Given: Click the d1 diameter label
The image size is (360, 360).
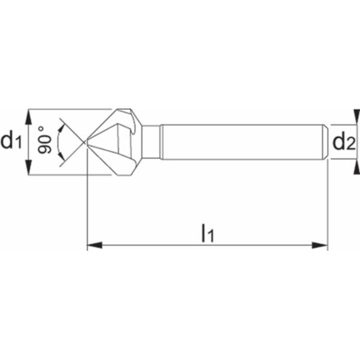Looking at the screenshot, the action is click(11, 141).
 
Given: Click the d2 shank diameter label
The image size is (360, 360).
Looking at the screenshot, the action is click(344, 142).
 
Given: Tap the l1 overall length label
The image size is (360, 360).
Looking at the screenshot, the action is click(208, 233).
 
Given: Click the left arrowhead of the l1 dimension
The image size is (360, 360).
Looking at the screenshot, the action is click(94, 245).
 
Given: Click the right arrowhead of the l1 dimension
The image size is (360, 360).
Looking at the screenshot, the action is click(320, 245).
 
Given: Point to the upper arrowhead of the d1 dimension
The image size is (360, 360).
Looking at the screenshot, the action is click(28, 117).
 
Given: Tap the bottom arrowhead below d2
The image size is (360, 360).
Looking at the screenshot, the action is click(357, 167).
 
